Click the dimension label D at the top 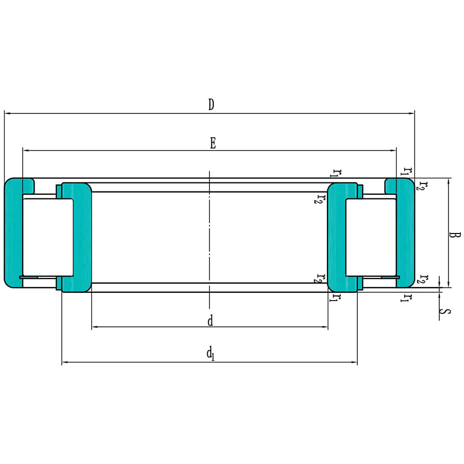point(211,105)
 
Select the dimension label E point(212,143)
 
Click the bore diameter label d point(210,321)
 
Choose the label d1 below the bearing point(210,354)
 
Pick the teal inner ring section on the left point(82,237)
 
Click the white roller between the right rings point(370,237)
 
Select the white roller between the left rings point(47,237)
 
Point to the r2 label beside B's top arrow point(422,186)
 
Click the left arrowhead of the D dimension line point(7,111)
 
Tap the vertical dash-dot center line point(209,237)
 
